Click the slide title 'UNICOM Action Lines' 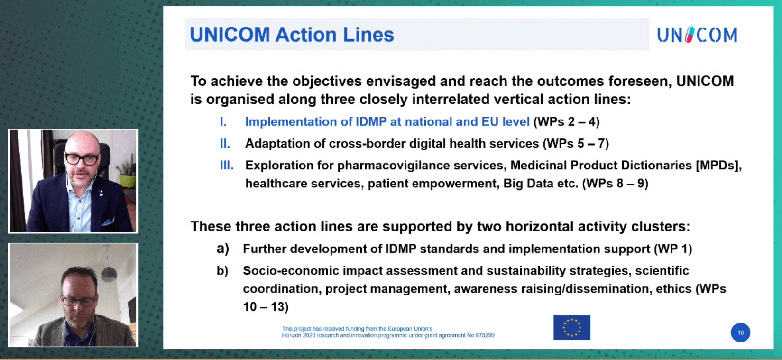point(292,35)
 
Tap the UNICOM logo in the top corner point(697,35)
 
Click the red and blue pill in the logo point(690,35)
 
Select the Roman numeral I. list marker point(223,121)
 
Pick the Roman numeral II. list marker point(225,144)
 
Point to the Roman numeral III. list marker point(227,165)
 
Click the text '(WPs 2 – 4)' point(567,121)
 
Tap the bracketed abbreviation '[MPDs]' point(719,165)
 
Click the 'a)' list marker point(223,249)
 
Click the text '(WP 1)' point(673,249)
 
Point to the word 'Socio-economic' point(291,271)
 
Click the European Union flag point(572,327)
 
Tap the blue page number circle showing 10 point(740,332)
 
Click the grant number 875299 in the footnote point(485,335)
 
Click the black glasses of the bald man point(82,159)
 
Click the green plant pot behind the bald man point(128,181)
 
